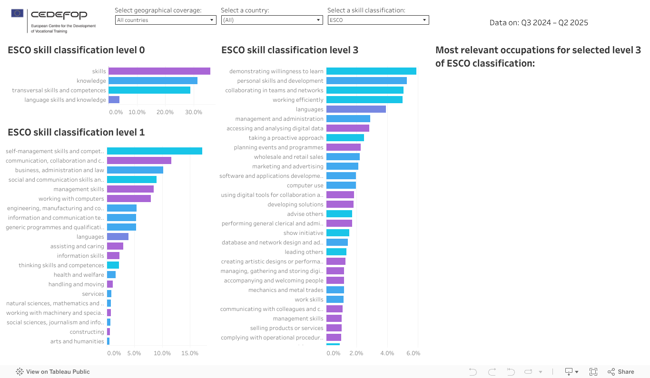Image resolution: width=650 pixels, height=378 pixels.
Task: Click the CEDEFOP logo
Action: [53, 21]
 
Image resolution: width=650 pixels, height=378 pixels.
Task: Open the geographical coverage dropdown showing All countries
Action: [165, 20]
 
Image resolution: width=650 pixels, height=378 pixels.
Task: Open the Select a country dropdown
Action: [272, 20]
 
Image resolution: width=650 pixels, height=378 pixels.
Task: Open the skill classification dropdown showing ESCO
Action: [378, 20]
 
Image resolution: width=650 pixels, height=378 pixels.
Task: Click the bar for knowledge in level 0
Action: [153, 81]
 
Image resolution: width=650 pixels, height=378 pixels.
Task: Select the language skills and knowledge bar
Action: [114, 100]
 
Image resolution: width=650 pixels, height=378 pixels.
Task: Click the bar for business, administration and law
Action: [135, 170]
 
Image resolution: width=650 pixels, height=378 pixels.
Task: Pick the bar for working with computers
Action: [129, 199]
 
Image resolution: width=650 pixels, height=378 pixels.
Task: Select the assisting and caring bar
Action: [115, 246]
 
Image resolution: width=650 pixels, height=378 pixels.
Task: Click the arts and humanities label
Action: [77, 341]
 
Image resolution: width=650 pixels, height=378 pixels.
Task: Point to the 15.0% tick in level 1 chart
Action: [190, 353]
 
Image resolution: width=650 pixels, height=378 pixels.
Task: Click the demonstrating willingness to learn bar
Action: [371, 71]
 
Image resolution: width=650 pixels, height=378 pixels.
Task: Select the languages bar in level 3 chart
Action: [356, 109]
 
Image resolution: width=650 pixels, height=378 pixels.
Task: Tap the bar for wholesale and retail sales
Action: [343, 157]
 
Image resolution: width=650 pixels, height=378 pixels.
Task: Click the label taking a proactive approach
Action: [286, 138]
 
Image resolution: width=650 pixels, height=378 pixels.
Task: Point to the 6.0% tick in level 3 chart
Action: [413, 353]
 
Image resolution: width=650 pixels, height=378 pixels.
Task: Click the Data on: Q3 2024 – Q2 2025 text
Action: [539, 23]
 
